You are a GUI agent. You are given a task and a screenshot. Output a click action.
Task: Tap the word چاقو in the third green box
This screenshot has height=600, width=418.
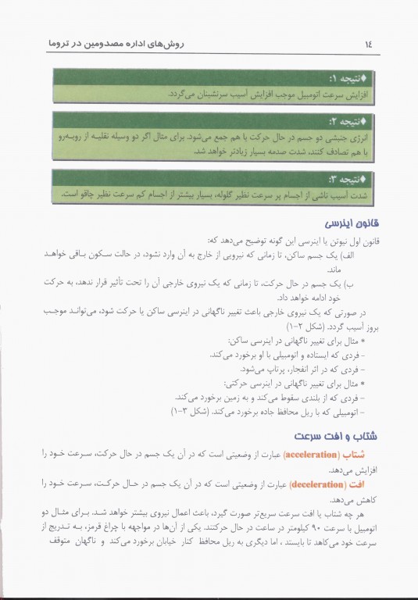pos(83,193)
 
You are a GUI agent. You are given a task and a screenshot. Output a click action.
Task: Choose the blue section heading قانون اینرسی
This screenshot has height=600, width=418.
pos(351,223)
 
